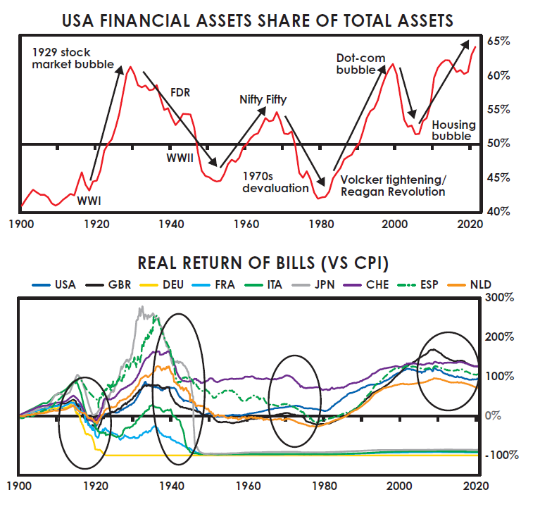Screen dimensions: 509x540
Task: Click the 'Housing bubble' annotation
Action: (x=453, y=130)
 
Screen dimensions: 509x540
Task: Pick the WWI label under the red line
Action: (x=89, y=201)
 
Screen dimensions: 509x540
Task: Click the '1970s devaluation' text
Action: (x=275, y=182)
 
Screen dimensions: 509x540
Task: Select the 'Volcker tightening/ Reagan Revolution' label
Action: (x=392, y=185)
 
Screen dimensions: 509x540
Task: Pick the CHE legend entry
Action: (x=377, y=285)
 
